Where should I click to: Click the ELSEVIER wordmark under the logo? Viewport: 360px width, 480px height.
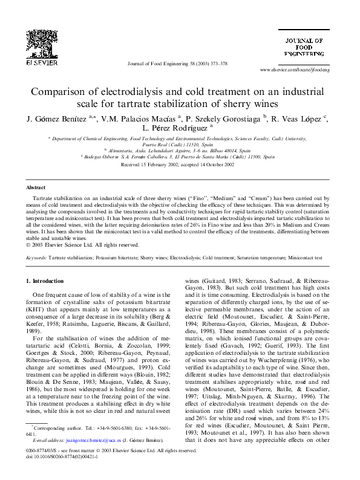[41, 62]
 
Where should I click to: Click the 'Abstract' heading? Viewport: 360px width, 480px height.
[36, 188]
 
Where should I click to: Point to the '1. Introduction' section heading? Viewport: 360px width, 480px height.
[46, 281]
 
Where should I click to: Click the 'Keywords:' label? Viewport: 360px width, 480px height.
[37, 257]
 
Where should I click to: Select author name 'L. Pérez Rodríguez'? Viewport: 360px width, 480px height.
[176, 128]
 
